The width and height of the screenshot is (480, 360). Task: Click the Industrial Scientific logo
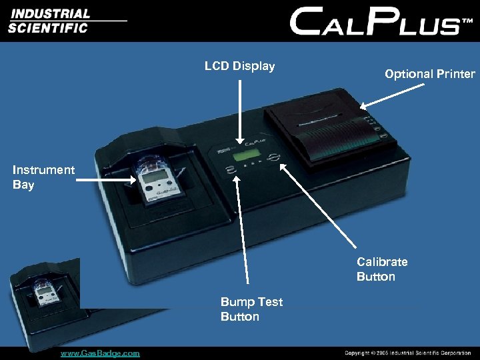[x=50, y=21]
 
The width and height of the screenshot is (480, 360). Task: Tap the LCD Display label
[x=239, y=66]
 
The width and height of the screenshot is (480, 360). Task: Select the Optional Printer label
[x=429, y=74]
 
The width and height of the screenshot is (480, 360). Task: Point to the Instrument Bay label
[x=43, y=177]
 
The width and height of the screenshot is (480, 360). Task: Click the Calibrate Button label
[x=382, y=269]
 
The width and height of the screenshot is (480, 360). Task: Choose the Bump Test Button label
[x=251, y=309]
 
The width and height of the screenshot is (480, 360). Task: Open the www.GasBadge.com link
[x=100, y=353]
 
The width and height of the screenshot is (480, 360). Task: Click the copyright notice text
[x=407, y=353]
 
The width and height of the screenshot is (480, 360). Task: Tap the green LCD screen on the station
[x=245, y=156]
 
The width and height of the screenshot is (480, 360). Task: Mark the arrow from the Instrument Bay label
[x=107, y=177]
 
